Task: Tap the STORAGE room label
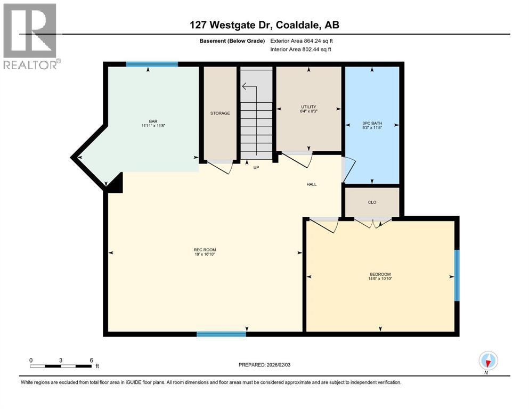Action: pyautogui.click(x=219, y=113)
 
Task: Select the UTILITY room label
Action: pyautogui.click(x=308, y=107)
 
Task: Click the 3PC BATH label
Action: pyautogui.click(x=372, y=123)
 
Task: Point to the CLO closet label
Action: pyautogui.click(x=372, y=202)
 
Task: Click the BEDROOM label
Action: pyautogui.click(x=380, y=275)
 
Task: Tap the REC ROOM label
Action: pyautogui.click(x=205, y=250)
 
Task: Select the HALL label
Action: pyautogui.click(x=312, y=184)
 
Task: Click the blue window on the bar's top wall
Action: pyautogui.click(x=152, y=64)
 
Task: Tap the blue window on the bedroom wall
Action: pyautogui.click(x=457, y=275)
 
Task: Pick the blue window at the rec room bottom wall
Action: pyautogui.click(x=221, y=334)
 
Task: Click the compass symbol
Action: pyautogui.click(x=488, y=361)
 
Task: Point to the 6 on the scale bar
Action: pyautogui.click(x=91, y=360)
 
